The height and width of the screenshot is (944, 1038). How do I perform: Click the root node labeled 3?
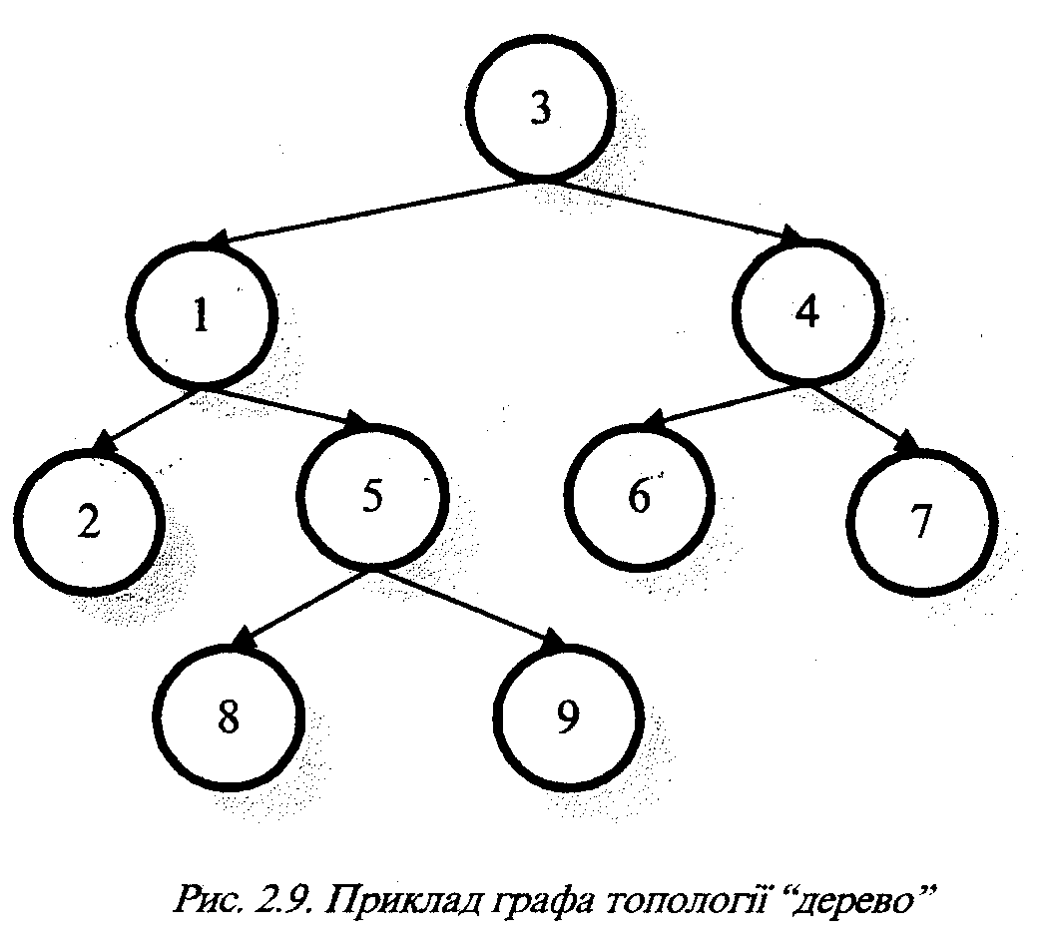(x=539, y=111)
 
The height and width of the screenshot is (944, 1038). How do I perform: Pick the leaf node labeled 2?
(x=90, y=522)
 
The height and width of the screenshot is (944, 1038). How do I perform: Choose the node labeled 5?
(x=372, y=498)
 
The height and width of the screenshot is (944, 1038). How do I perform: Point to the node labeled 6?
(x=639, y=496)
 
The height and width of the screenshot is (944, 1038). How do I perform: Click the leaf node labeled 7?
(x=920, y=520)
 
